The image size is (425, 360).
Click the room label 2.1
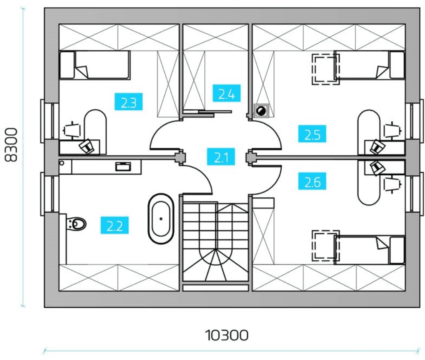tap(221, 157)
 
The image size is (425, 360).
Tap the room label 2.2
tap(114, 225)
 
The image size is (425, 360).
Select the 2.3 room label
tap(128, 102)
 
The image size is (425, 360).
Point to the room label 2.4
tap(226, 93)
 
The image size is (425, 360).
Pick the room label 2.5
tap(312, 134)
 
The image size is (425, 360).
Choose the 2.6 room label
tap(312, 181)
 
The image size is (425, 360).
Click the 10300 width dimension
tap(226, 335)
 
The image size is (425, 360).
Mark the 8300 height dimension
tap(11, 145)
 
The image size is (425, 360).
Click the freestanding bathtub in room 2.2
tap(161, 219)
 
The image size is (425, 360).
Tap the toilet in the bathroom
tap(76, 224)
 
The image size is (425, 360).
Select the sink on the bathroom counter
tap(123, 166)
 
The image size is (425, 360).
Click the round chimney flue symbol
tap(261, 111)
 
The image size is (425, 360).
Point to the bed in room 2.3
tap(94, 65)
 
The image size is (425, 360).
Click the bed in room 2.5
tap(370, 65)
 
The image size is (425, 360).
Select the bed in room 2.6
tap(370, 250)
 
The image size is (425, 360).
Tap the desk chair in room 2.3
tap(72, 130)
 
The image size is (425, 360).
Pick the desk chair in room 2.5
tap(392, 130)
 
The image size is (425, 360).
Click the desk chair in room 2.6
tap(392, 185)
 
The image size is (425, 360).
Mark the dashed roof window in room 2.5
tap(326, 69)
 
